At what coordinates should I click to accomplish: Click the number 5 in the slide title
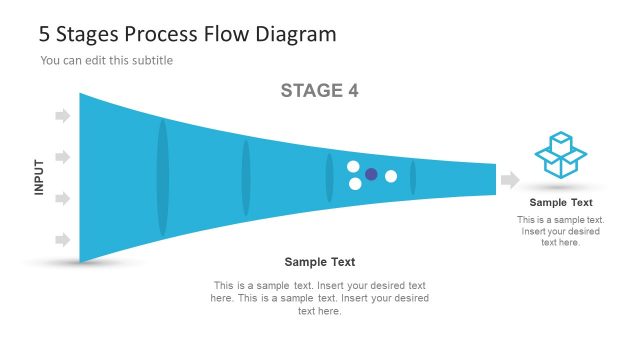[45, 34]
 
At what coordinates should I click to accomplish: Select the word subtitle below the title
[152, 61]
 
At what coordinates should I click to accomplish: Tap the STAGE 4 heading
[319, 91]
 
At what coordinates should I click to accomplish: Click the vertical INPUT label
[40, 177]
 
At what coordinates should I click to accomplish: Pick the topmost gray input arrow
[62, 116]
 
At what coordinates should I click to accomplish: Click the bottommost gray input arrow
[62, 240]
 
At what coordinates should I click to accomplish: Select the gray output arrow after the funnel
[510, 180]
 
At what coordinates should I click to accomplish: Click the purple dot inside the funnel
[371, 174]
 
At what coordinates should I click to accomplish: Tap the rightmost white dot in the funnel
[391, 177]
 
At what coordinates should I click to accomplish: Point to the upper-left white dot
[353, 166]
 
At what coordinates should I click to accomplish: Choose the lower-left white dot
[354, 184]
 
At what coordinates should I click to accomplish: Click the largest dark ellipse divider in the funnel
[163, 178]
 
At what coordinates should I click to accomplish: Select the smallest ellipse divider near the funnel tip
[413, 178]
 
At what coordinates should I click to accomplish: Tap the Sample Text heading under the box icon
[561, 203]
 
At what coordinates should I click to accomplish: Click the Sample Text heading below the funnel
[319, 262]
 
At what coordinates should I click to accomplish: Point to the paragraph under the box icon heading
[561, 231]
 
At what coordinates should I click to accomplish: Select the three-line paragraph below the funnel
[319, 298]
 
